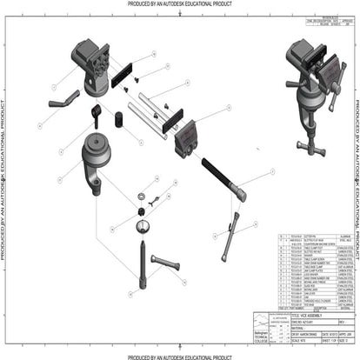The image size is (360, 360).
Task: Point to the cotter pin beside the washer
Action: coord(154,201)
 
